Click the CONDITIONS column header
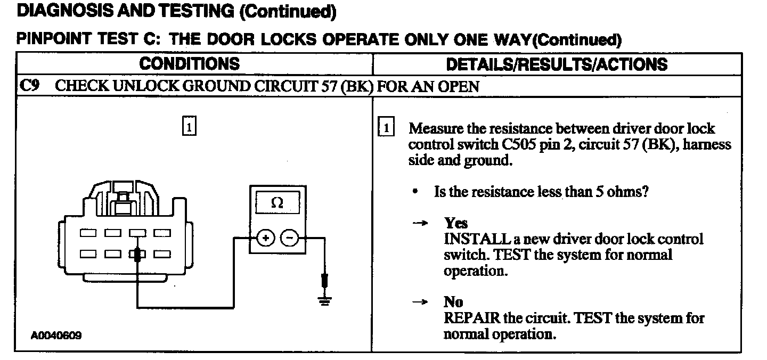point(189,64)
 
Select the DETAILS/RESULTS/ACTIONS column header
point(557,64)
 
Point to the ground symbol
point(324,300)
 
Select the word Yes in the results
point(456,224)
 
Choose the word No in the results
point(453,302)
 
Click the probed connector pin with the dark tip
point(138,255)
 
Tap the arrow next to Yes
point(420,224)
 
